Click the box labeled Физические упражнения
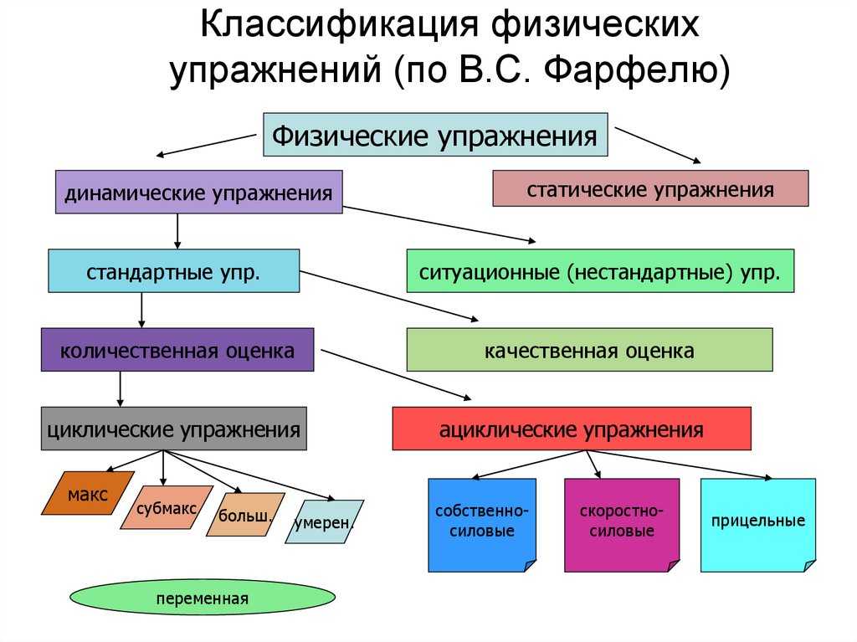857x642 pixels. click(x=435, y=134)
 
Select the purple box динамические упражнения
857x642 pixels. click(x=199, y=192)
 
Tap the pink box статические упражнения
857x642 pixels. click(x=650, y=188)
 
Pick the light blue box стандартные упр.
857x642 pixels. click(x=173, y=270)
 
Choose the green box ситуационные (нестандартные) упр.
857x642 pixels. click(x=600, y=270)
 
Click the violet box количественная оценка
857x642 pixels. click(x=177, y=350)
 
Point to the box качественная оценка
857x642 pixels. click(x=589, y=350)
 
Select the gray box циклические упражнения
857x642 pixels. click(x=173, y=429)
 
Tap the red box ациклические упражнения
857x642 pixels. click(x=572, y=429)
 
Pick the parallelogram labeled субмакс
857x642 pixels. click(x=167, y=507)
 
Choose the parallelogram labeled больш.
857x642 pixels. click(x=245, y=514)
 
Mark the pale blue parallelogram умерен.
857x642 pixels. click(x=324, y=522)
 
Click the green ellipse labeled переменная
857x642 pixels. click(x=203, y=598)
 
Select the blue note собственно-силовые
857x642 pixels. click(x=481, y=522)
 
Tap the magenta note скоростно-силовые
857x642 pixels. click(x=621, y=522)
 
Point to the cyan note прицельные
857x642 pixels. click(x=757, y=522)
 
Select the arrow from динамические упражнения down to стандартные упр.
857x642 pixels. click(x=177, y=230)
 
